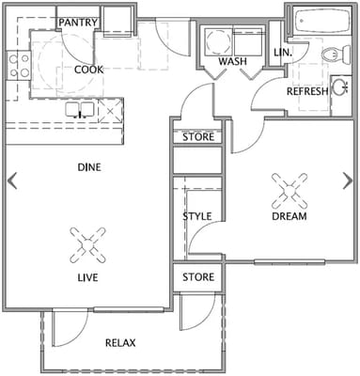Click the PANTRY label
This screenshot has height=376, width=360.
pyautogui.click(x=79, y=22)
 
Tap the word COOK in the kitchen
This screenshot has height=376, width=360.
pyautogui.click(x=88, y=69)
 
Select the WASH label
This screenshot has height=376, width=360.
pyautogui.click(x=232, y=62)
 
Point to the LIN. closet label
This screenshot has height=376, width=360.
pyautogui.click(x=281, y=53)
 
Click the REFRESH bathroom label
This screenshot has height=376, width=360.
pyautogui.click(x=306, y=91)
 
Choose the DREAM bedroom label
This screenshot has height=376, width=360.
pyautogui.click(x=290, y=216)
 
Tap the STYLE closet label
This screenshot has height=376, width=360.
pyautogui.click(x=197, y=216)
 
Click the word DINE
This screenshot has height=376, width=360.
pyautogui.click(x=89, y=167)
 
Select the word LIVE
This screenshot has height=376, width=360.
pyautogui.click(x=89, y=278)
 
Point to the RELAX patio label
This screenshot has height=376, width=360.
pyautogui.click(x=121, y=343)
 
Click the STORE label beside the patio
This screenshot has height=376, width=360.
pyautogui.click(x=197, y=277)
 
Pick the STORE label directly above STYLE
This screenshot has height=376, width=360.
pyautogui.click(x=197, y=137)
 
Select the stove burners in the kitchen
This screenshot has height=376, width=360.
pyautogui.click(x=17, y=64)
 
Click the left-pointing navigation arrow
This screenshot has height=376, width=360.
pyautogui.click(x=12, y=180)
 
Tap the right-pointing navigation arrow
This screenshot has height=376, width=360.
pyautogui.click(x=349, y=180)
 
